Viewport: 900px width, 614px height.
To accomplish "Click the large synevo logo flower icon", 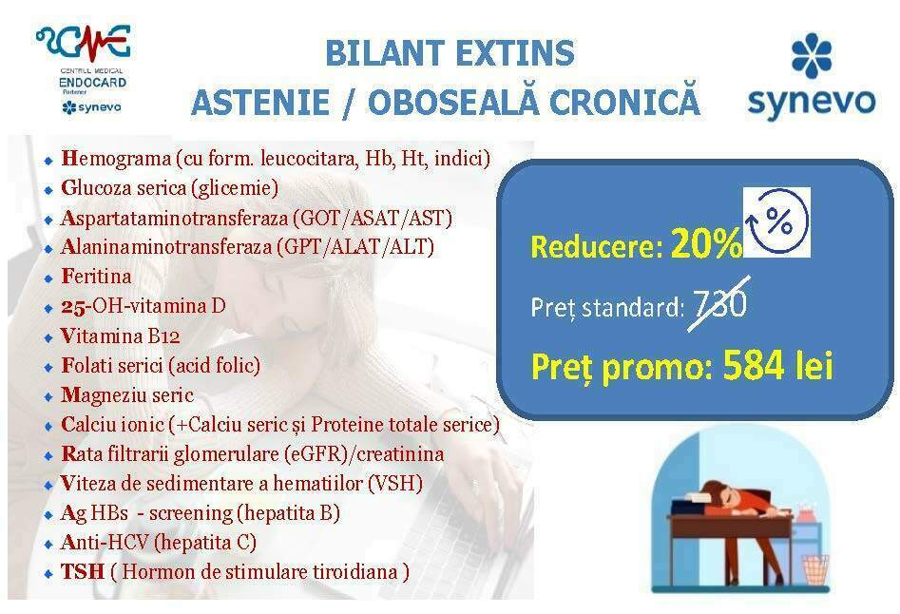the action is coord(811,56).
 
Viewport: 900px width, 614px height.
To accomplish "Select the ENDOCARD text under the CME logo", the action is coord(92,83).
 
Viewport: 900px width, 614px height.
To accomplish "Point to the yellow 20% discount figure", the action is coord(706,243).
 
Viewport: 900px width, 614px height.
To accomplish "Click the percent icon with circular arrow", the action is coord(776,222).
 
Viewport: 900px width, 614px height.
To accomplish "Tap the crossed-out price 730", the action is coord(719,304).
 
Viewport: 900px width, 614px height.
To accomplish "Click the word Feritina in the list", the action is coord(96,277).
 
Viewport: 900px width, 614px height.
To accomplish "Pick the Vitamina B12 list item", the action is coord(121,336).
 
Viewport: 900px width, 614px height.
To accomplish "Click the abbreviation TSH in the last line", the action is coord(83,571).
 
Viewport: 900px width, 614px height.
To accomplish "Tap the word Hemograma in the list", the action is coord(116,159).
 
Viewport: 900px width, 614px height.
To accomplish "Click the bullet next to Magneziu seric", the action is coord(48,397).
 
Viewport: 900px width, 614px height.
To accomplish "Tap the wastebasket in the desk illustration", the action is coord(815,569).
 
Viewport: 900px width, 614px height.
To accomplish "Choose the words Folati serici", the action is coord(112,366).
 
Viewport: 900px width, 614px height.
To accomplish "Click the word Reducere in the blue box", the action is coord(597,247).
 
